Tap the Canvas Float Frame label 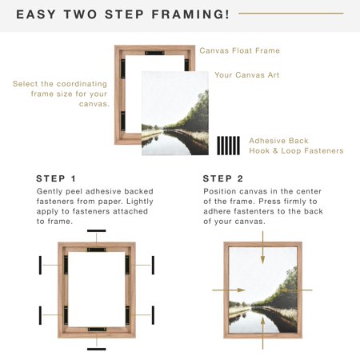click(x=239, y=50)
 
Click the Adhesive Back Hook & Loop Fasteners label click(x=296, y=145)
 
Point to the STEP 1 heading click(x=57, y=178)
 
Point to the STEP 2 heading click(x=222, y=178)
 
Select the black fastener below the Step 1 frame click(x=97, y=348)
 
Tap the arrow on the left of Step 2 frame click(x=218, y=290)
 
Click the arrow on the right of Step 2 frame click(x=306, y=290)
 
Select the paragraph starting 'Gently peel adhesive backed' click(x=94, y=206)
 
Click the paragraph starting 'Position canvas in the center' click(x=263, y=206)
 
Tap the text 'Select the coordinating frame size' click(x=62, y=93)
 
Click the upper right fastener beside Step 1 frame click(x=153, y=265)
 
